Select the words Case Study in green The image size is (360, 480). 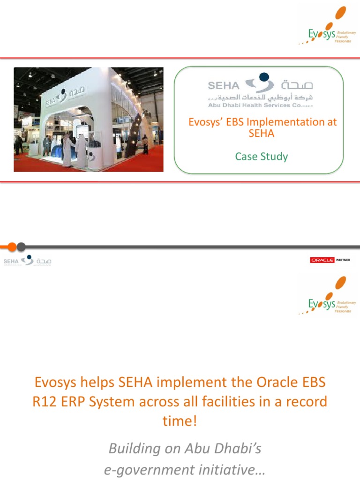click(x=261, y=157)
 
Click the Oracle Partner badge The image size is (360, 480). click(x=330, y=260)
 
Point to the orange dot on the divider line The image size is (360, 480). click(x=12, y=247)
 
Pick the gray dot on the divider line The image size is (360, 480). click(x=21, y=247)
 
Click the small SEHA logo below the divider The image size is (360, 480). click(x=27, y=261)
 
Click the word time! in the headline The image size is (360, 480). click(x=180, y=421)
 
